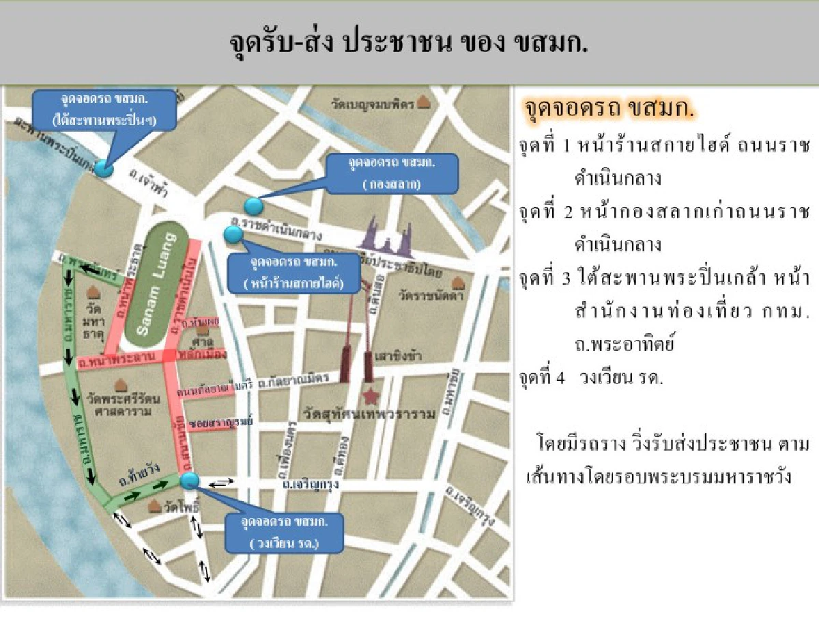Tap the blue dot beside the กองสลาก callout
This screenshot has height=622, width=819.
click(253, 205)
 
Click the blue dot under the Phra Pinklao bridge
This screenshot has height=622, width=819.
click(103, 168)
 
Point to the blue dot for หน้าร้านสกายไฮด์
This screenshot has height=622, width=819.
click(233, 234)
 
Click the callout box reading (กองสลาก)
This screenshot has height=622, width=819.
click(391, 173)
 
